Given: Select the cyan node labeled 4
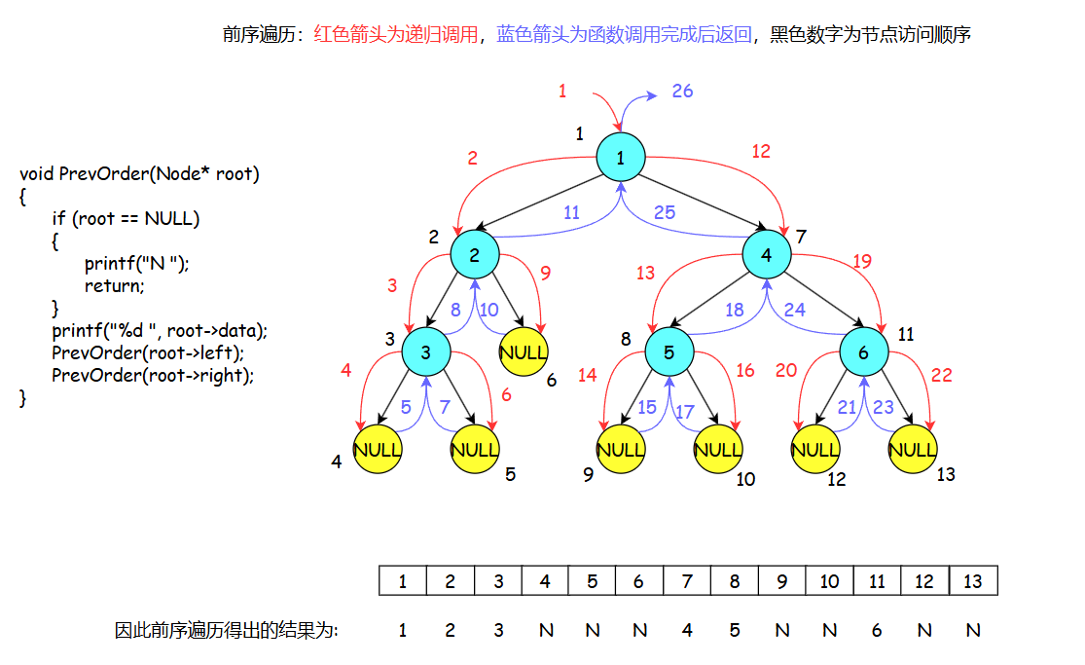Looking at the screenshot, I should point(766,255).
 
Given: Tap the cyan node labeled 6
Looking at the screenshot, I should point(863,352).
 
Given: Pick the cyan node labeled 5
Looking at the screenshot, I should point(669,352).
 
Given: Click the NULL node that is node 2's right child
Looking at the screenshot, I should point(524,352).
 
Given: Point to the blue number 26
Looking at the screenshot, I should point(682,91).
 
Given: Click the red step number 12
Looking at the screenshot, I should point(761,151).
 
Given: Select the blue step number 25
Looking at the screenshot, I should point(665,212).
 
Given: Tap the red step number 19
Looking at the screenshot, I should point(862,261).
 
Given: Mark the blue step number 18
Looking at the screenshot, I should point(735,310).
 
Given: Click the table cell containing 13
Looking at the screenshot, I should point(973,581).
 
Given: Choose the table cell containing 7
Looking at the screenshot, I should point(687,581).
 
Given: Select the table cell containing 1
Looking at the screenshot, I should point(403,581).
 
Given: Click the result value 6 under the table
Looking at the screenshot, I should point(877,630).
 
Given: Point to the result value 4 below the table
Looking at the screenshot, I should point(687,630).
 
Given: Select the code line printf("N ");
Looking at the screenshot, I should point(136,263).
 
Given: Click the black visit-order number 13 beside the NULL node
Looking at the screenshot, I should point(946,474).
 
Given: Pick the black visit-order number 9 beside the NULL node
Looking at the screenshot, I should point(588,474).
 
